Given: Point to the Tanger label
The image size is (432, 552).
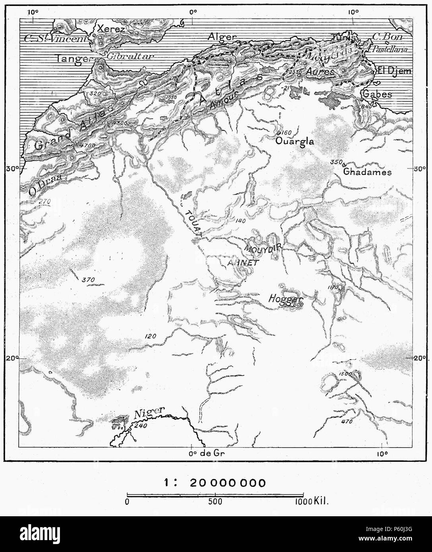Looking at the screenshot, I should coord(74,58).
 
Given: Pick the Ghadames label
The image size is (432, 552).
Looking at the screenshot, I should coord(367,172).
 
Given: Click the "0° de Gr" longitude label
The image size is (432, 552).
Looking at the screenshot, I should coord(206,452).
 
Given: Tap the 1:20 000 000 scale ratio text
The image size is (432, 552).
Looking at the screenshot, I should coord(215,483).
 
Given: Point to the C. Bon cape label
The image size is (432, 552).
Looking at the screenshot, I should coord(388,37).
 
